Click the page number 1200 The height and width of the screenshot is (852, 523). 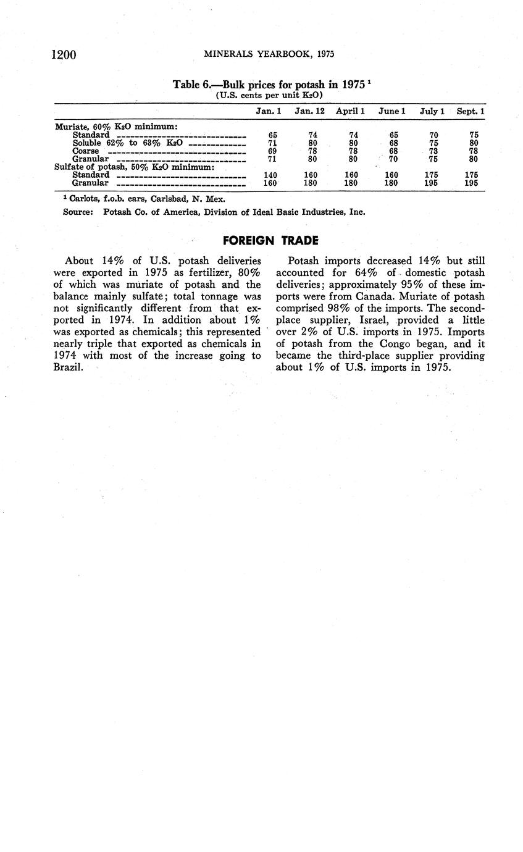coord(63,55)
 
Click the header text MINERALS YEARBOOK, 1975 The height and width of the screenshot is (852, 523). coord(269,55)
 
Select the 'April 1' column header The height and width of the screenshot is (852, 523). coord(350,111)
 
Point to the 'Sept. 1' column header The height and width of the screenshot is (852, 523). coord(471,111)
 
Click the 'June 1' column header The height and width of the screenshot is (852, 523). coord(391,111)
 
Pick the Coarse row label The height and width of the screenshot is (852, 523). coord(85,151)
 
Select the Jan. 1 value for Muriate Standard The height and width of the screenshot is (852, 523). coord(273,135)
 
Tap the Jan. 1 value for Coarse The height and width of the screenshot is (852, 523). coord(273,151)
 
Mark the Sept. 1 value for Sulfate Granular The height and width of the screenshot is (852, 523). coord(471,183)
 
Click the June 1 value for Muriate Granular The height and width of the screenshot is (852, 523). coord(391,159)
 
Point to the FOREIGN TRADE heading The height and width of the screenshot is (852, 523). coord(270,240)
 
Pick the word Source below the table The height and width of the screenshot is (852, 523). coord(78,212)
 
